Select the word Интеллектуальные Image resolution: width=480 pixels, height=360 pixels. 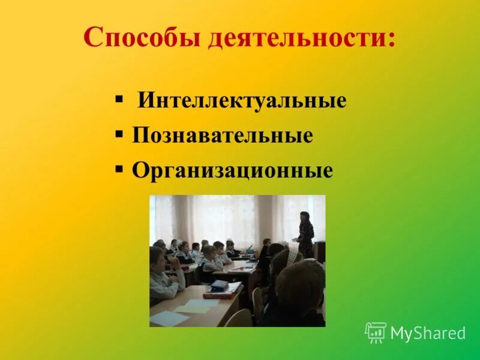click(242, 100)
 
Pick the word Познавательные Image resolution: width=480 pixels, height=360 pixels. click(222, 136)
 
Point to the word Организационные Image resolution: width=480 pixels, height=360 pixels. click(232, 171)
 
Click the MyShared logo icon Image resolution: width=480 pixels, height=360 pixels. click(376, 332)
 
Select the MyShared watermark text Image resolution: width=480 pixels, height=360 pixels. click(428, 334)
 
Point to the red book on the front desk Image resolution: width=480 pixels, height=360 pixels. click(221, 293)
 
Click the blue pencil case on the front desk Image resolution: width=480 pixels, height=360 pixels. click(227, 286)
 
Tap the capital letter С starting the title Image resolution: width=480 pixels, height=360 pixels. click(91, 38)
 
